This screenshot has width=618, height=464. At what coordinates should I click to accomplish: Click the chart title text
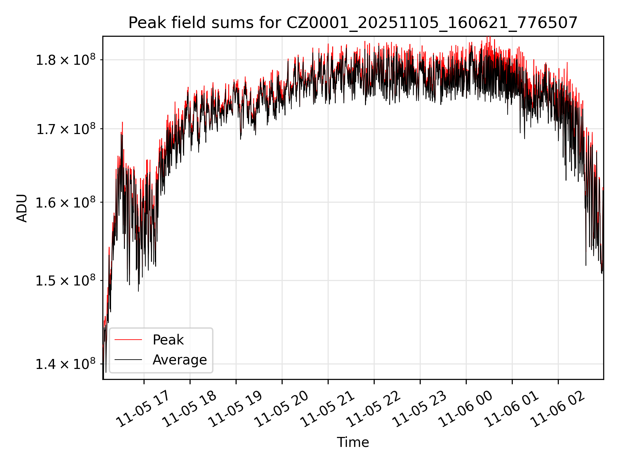pos(353,23)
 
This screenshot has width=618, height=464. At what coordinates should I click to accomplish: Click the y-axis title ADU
pos(22,208)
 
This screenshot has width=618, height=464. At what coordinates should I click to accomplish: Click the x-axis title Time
pos(353,442)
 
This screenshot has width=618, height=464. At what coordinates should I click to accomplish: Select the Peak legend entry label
pos(168,340)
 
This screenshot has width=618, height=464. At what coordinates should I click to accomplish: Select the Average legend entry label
pos(180,360)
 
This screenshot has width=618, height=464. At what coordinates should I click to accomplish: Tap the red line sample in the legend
pos(128,340)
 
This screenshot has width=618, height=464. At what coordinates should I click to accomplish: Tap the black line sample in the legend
pos(128,360)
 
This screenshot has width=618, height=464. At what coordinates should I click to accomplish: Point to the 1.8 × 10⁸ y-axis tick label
pos(66,60)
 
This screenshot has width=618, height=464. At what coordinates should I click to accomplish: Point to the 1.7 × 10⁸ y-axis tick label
pos(66,130)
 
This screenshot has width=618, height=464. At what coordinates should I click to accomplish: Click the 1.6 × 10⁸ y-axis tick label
pos(66,203)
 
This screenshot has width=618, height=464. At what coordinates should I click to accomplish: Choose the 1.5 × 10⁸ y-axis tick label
pos(66,281)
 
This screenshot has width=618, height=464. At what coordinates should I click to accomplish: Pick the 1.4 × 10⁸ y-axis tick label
pos(66,364)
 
